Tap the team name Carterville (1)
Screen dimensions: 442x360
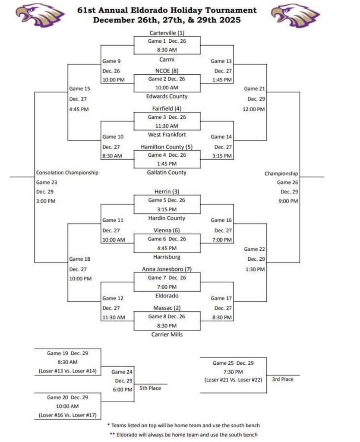pos(167,33)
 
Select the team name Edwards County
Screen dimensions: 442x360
pos(167,96)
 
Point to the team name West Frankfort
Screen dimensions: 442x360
pos(167,135)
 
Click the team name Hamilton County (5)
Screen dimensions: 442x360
pos(167,147)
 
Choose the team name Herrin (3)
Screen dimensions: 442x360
pos(167,192)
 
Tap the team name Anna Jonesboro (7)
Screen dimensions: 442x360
pos(167,269)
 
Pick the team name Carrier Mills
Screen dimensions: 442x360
pos(167,334)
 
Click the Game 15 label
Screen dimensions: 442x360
pos(79,89)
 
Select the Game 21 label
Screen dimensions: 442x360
pos(254,88)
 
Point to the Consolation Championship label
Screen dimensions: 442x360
pos(67,173)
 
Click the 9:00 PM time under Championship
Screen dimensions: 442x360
pos(287,201)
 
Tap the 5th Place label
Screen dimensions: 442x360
pos(150,388)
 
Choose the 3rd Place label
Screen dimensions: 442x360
pos(283,379)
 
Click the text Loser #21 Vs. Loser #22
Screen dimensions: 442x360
pos(233,380)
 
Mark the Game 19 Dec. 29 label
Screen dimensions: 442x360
pos(67,353)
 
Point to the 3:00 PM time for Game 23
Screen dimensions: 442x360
pos(46,201)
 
